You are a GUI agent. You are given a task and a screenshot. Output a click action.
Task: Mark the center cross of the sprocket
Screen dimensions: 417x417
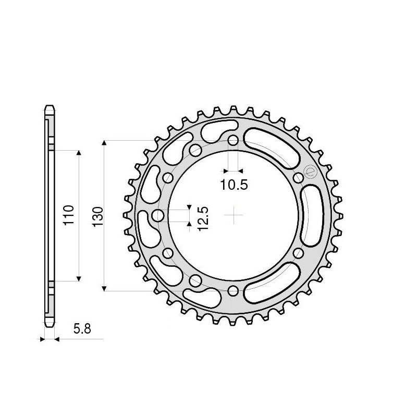coord(234,215)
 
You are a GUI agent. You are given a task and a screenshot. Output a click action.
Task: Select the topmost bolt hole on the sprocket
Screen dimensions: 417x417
coord(234,141)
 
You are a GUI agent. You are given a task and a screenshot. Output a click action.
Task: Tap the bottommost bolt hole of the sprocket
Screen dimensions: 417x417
coord(234,290)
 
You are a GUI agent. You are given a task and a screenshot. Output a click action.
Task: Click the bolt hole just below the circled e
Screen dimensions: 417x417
coord(298,178)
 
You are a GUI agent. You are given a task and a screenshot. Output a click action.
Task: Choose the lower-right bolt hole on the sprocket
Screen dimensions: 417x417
coord(298,253)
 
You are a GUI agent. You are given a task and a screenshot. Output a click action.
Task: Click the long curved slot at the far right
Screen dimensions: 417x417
coord(313,215)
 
